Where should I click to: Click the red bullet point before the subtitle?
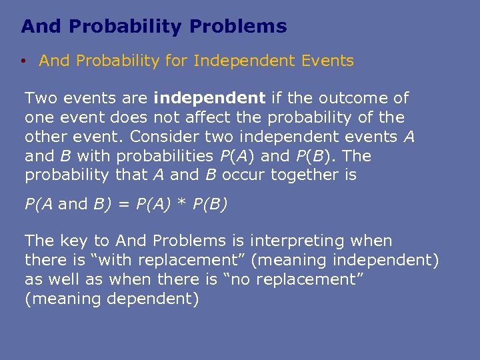[x=23, y=61]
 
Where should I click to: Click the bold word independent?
[x=209, y=98]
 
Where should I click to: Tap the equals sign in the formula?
[x=123, y=204]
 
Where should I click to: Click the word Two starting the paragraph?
[x=39, y=98]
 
